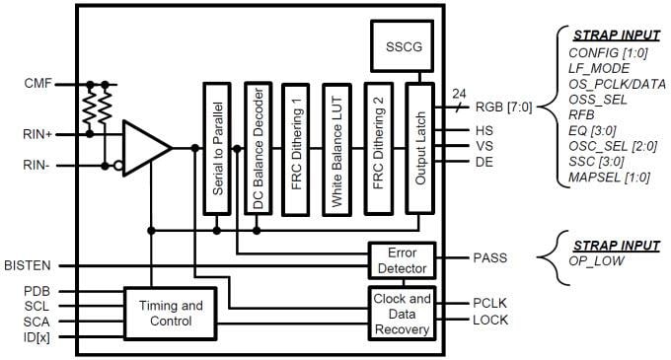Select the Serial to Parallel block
(216, 147)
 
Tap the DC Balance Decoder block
(257, 147)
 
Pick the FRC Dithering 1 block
(297, 147)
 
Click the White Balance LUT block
(337, 147)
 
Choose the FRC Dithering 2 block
(378, 147)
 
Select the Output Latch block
(418, 147)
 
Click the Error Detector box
(402, 259)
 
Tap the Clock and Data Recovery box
(402, 312)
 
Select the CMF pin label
(38, 85)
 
